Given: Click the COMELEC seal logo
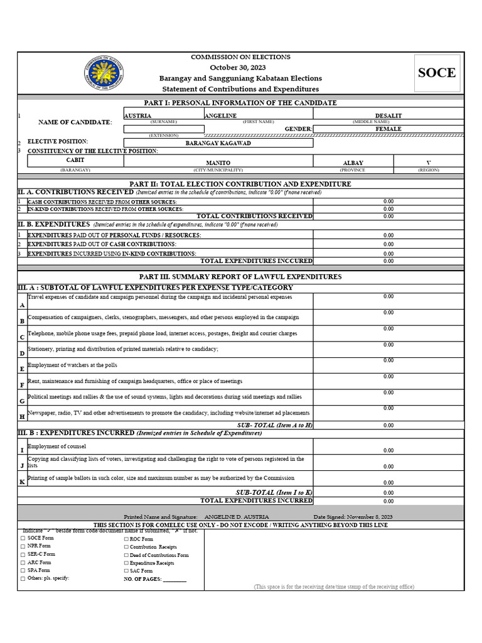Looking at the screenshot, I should pos(104,73).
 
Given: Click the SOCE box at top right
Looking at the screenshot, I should pos(437,73).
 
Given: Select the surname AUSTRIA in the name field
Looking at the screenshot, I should pos(137,116).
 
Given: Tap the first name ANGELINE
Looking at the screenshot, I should pos(220,116).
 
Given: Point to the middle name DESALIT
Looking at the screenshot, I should pos(388,116).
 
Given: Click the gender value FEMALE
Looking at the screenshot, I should pos(388,129).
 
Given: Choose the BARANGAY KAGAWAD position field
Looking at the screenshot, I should pos(218,143).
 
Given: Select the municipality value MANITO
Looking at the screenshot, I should pos(218,163).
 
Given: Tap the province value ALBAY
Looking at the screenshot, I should pos(353,163).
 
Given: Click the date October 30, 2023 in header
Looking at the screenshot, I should pos(238,67).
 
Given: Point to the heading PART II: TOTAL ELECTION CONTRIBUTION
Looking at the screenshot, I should pos(240,184).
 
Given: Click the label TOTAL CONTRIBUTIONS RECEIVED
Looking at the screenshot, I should pos(254,216).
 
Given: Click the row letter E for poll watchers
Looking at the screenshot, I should pos(22,369).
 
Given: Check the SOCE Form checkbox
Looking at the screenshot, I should pos(23,538).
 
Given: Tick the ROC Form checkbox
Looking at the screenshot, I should pos(126,539).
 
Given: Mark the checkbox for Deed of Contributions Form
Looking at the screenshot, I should pos(126,555).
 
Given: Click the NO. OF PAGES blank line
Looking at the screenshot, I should pos(174,580).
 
